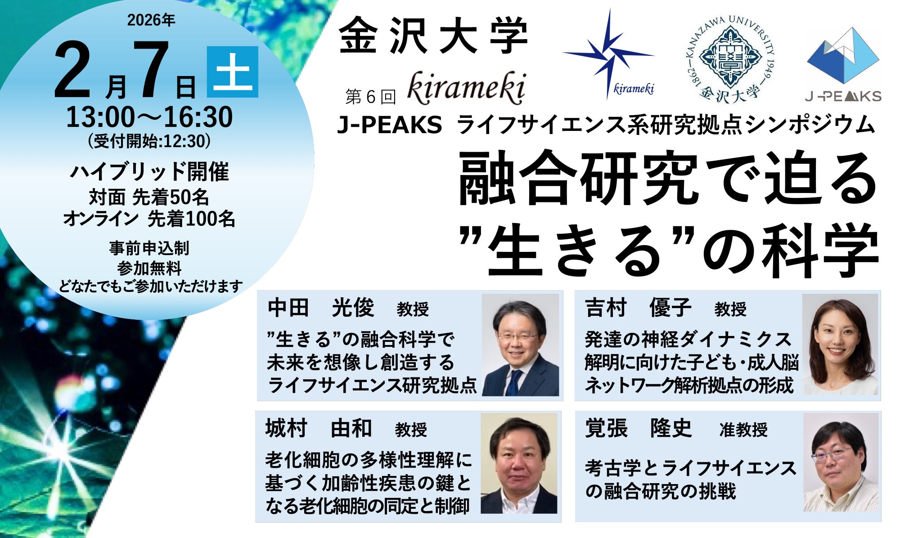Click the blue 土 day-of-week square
click(233, 72)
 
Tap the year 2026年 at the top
click(151, 20)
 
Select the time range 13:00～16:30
click(150, 117)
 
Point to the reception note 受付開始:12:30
click(149, 141)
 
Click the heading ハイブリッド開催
click(150, 171)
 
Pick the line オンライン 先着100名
click(149, 219)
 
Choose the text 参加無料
click(149, 269)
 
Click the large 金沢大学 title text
click(433, 35)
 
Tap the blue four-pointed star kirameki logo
click(608, 54)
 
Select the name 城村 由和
click(319, 428)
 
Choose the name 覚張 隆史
click(638, 428)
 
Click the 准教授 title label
click(743, 430)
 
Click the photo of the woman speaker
click(840, 345)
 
